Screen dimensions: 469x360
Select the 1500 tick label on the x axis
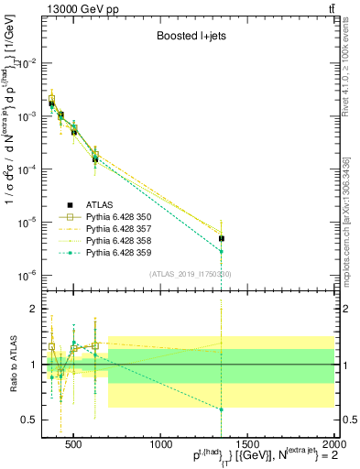coord(249,446)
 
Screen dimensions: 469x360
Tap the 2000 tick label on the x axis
coord(334,446)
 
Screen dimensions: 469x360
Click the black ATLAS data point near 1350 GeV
coord(222,238)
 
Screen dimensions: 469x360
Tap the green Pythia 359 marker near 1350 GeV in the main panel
coord(222,251)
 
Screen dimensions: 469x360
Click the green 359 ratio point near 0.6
coord(222,409)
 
